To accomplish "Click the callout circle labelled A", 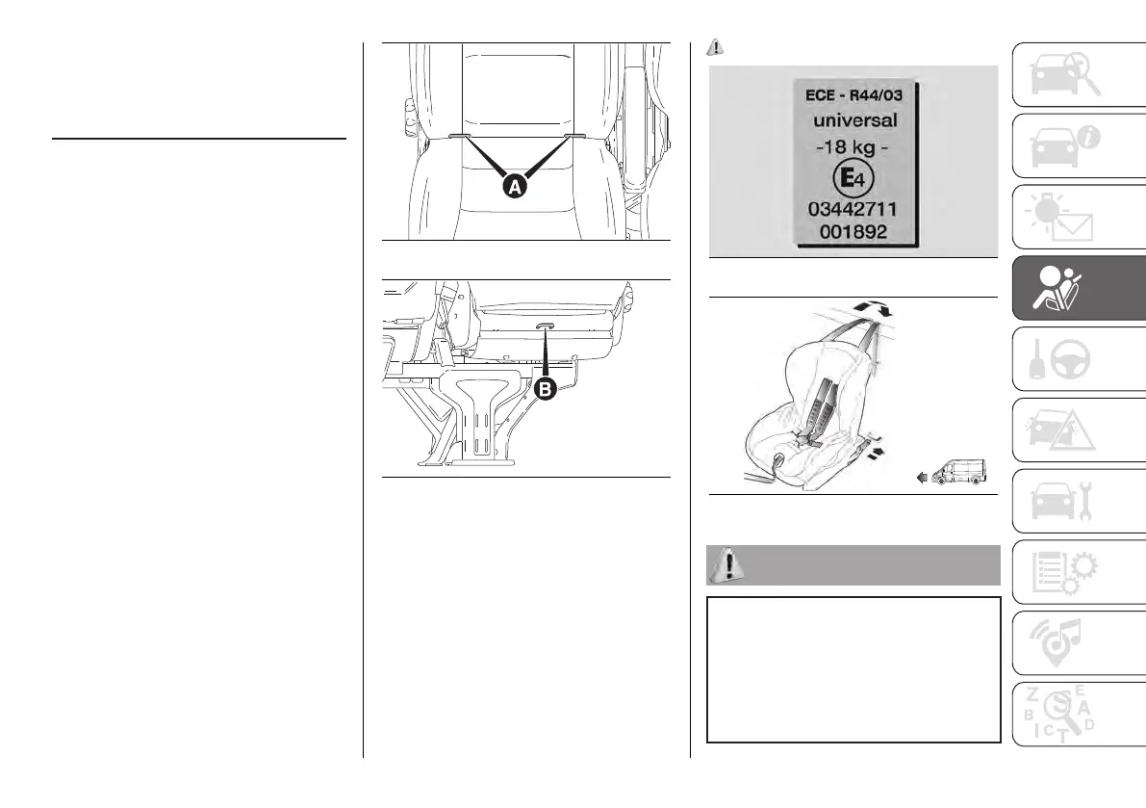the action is coord(514,187).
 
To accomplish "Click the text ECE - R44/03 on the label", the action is coord(852,97).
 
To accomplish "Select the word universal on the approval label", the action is coord(854,121).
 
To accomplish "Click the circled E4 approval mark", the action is coord(853,178).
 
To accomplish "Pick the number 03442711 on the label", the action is coord(854,209).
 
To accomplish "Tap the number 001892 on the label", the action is coord(854,232).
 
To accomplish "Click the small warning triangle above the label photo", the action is coord(714,45).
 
